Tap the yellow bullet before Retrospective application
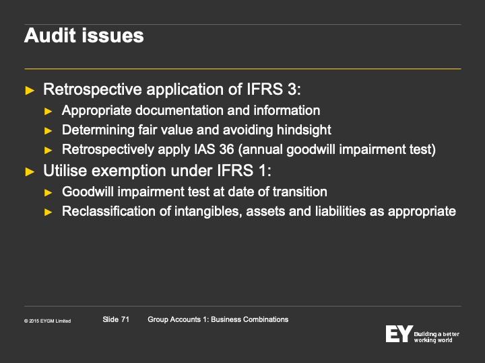point(30,91)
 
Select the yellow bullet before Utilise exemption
point(30,171)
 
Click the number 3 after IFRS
point(292,89)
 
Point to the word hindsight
point(304,130)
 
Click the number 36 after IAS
point(226,149)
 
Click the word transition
point(300,192)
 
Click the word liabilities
point(350,212)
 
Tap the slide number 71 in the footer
point(125,319)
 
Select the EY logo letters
point(399,333)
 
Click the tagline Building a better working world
point(437,337)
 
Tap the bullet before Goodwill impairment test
point(48,193)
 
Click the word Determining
point(98,130)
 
